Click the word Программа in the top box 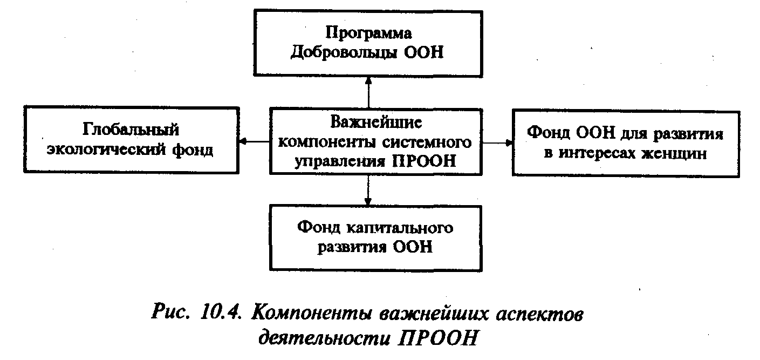(367, 34)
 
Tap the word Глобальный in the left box (131, 130)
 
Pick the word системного (428, 142)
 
